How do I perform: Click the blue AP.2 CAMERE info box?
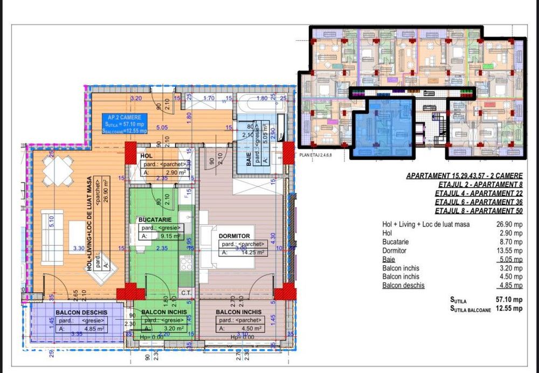125,123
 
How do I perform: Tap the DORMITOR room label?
234,236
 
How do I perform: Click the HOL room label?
146,155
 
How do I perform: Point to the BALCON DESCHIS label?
81,312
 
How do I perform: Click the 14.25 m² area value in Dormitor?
248,252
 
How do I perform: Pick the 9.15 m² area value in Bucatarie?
162,236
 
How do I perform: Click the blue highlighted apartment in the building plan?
384,127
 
